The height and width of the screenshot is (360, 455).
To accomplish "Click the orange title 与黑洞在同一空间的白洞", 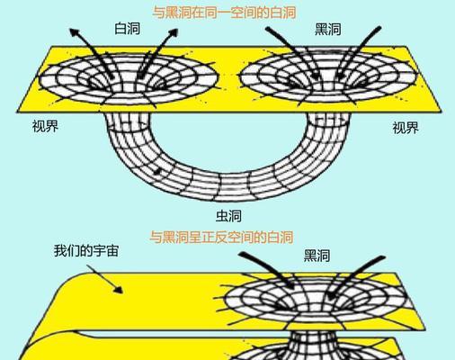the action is (224, 13).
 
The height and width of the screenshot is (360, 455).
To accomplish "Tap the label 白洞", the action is (128, 29).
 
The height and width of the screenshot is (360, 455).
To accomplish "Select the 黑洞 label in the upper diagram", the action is (328, 30).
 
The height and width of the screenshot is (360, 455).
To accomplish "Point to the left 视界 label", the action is (45, 126).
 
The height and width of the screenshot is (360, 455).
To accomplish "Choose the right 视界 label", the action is (406, 128).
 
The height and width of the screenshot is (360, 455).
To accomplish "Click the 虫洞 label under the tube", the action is (228, 216).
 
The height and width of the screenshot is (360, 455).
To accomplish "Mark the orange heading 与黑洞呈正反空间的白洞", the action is (221, 238).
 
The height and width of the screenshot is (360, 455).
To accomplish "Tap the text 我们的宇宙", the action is (86, 251).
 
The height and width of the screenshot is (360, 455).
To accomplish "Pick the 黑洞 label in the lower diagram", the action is (317, 256).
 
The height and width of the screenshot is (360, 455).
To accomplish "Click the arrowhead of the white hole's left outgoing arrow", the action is (74, 32).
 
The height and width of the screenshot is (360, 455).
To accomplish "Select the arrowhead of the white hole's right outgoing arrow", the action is (174, 32).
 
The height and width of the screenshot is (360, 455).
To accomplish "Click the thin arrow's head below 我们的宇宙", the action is (119, 290).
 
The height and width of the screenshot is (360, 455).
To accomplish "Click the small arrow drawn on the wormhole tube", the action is (157, 172).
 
